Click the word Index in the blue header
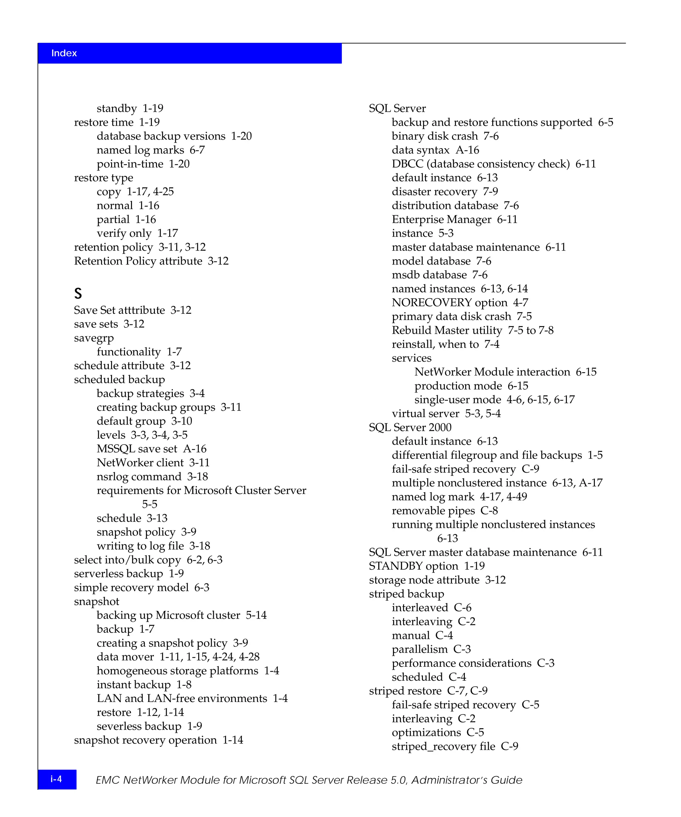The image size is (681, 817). point(64,53)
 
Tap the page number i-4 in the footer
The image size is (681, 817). point(57,779)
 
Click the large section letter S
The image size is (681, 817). point(78,293)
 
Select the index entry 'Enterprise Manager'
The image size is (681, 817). point(441,219)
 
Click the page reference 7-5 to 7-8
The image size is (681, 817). point(530,330)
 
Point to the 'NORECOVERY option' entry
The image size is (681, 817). point(450,303)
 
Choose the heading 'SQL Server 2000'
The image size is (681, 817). point(410,427)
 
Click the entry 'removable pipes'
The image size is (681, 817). point(433,511)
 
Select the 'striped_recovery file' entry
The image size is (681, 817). point(443,747)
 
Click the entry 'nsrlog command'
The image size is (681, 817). point(139,477)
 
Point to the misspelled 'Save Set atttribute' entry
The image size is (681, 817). point(119,310)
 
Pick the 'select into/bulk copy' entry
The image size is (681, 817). point(127,560)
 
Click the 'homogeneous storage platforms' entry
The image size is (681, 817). point(178,671)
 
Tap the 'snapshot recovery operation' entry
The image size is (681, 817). point(145,740)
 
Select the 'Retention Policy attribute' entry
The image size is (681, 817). point(138,261)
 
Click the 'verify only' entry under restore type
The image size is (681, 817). point(124,233)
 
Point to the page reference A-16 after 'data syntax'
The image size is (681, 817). point(468,150)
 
